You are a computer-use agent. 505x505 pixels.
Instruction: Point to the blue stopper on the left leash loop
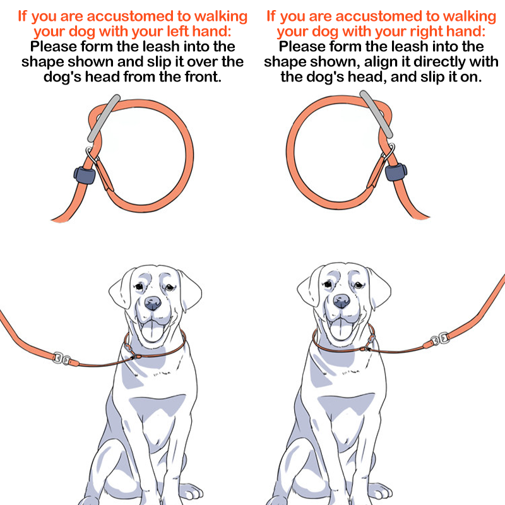(x=85, y=175)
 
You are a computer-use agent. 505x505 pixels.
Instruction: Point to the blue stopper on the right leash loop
(x=396, y=172)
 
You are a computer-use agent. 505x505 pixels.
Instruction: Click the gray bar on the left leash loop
(x=104, y=118)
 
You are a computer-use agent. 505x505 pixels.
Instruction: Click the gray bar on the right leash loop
(x=376, y=114)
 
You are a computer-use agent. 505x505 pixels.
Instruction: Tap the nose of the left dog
(x=153, y=303)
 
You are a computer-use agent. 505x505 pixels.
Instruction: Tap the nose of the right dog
(x=342, y=301)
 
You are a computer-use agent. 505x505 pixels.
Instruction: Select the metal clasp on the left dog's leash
(x=62, y=359)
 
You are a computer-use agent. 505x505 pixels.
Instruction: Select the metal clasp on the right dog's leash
(x=440, y=339)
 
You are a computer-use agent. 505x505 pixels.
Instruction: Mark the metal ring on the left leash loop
(x=92, y=155)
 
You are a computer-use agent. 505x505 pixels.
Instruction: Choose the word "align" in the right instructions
(x=383, y=62)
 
